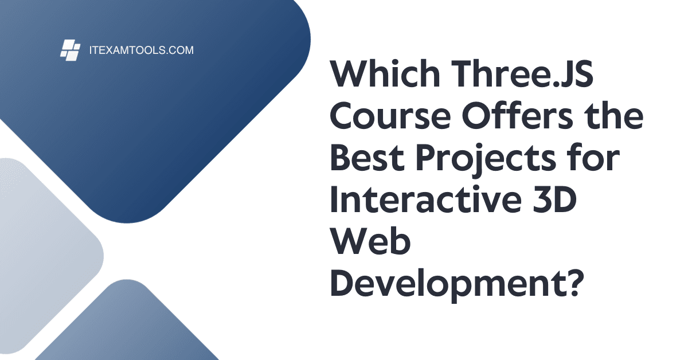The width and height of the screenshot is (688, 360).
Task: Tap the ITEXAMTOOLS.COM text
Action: coord(140,50)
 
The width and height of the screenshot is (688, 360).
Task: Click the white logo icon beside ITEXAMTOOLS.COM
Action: coord(69,50)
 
